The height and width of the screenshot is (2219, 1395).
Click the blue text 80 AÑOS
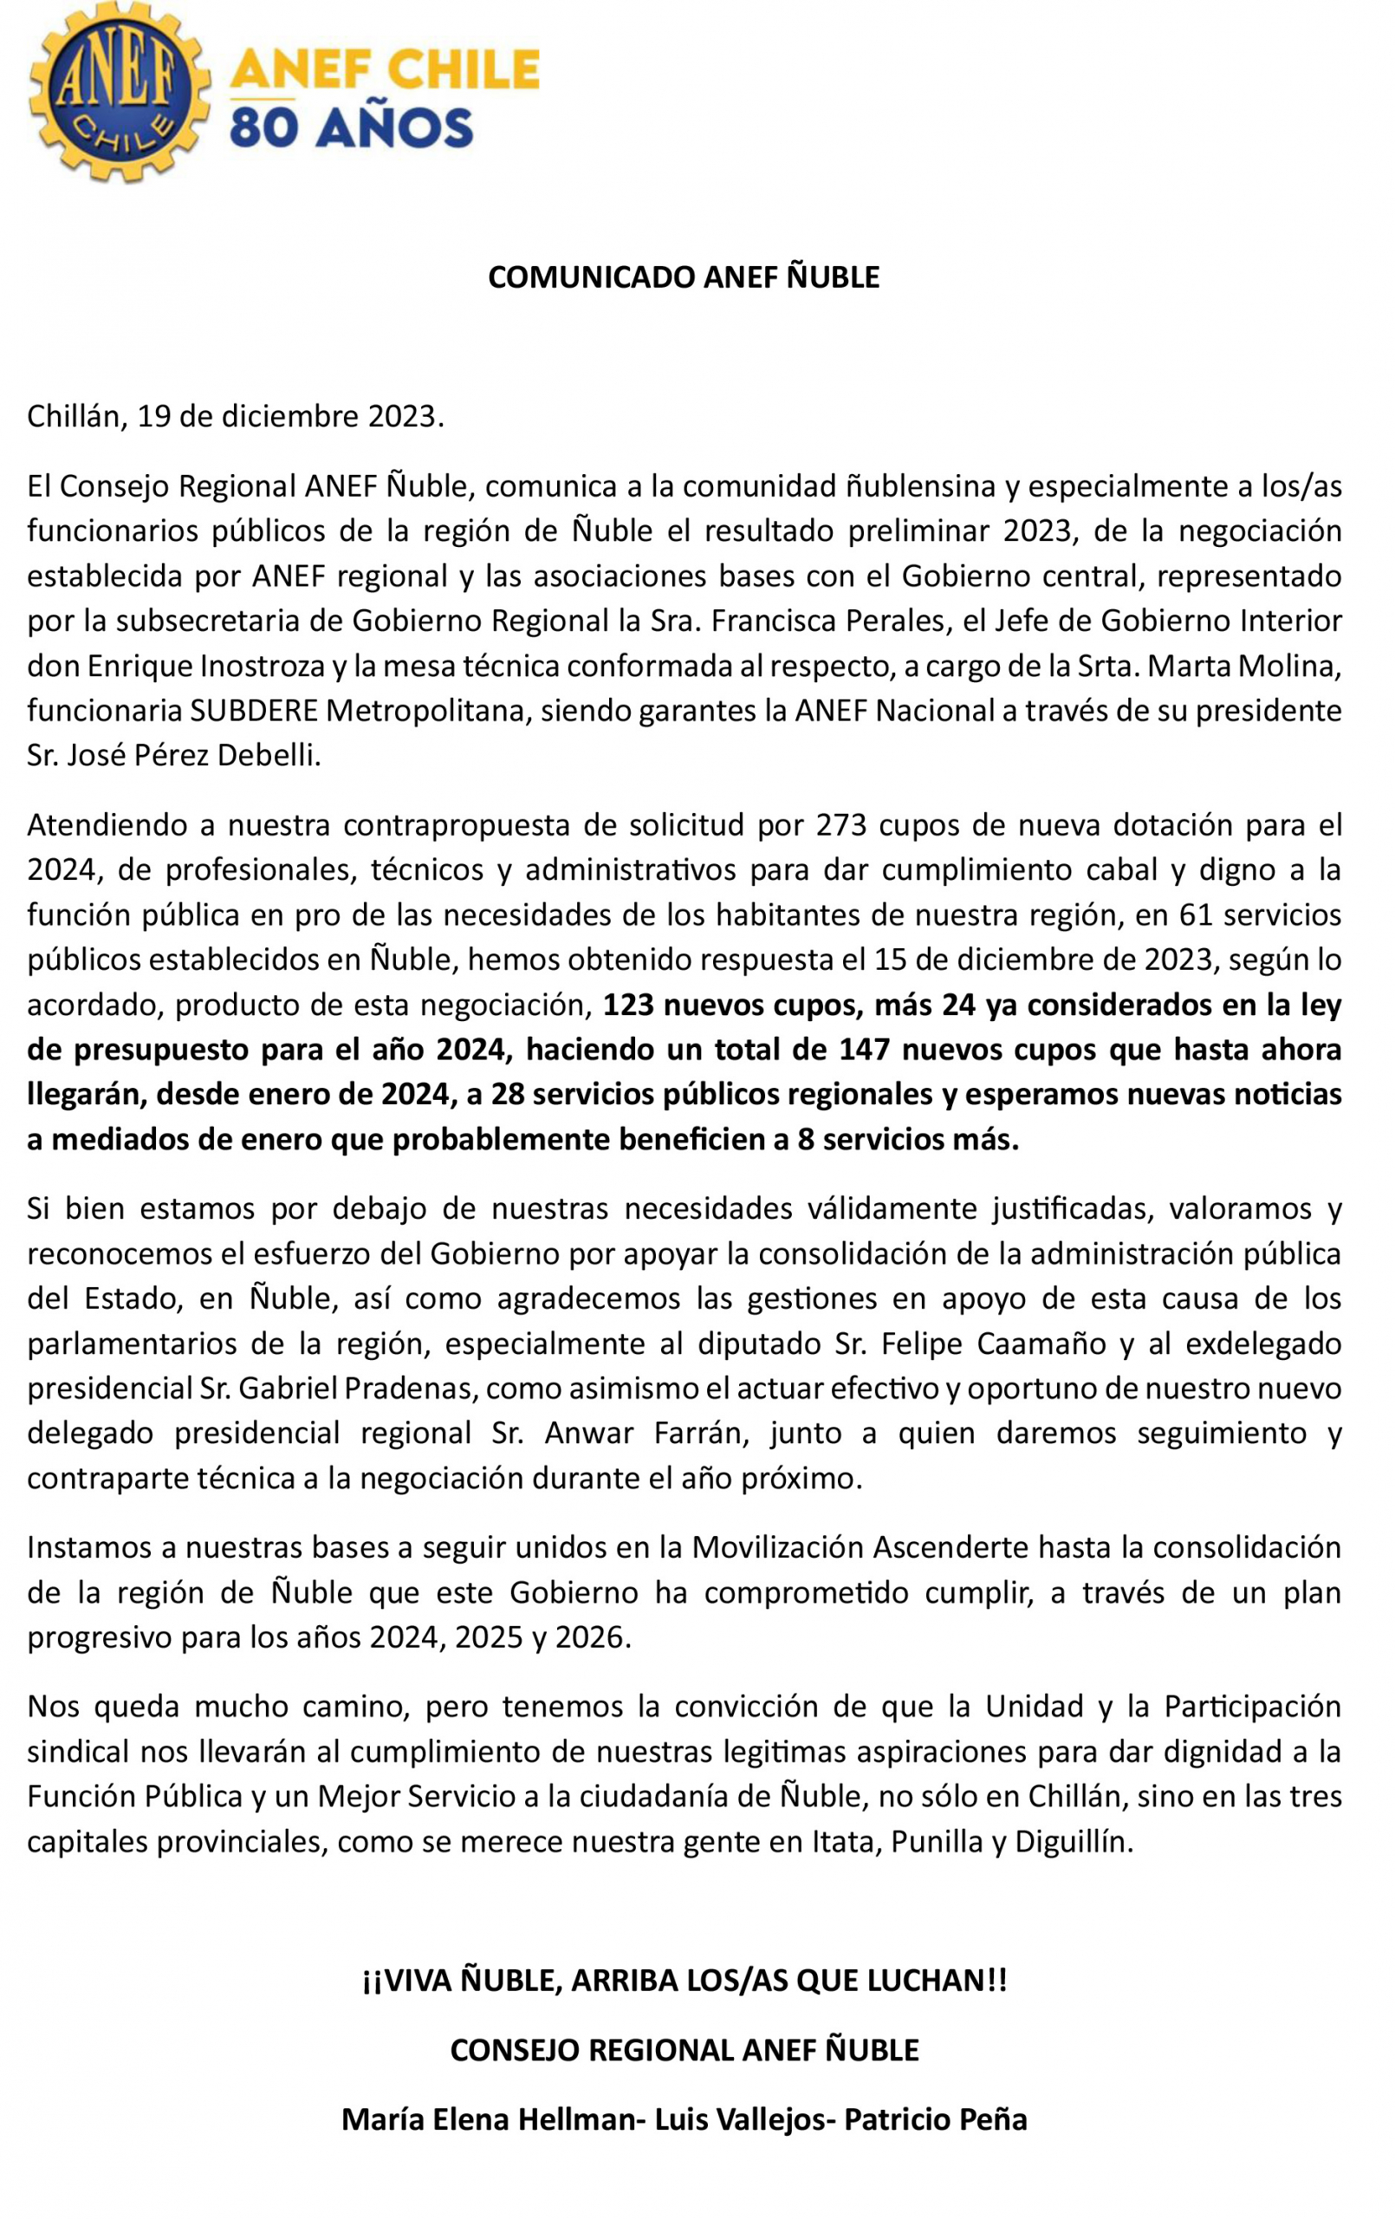point(351,128)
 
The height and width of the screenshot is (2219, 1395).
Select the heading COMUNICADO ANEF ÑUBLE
point(683,277)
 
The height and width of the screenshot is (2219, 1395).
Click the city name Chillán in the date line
point(77,417)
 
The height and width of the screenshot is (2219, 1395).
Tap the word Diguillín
point(1073,1841)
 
